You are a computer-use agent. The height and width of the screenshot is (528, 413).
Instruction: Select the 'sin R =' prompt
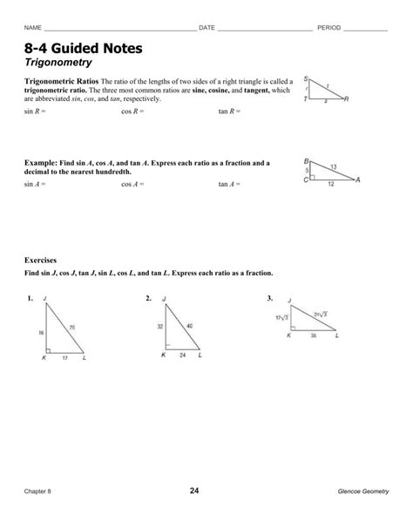click(x=36, y=112)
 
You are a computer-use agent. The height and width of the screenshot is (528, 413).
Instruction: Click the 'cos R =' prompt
click(x=132, y=112)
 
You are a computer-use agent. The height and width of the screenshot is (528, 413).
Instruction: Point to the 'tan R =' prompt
click(x=228, y=112)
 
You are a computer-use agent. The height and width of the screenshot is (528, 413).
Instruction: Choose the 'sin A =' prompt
click(x=36, y=185)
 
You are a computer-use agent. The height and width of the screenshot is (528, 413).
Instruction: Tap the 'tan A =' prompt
click(x=228, y=185)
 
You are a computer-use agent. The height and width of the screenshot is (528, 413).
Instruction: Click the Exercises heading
click(x=43, y=261)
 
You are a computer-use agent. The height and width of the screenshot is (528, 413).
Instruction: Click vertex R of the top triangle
click(x=346, y=99)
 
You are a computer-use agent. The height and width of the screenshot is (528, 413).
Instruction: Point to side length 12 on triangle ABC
click(x=330, y=184)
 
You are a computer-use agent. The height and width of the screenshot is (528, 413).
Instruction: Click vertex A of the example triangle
click(x=357, y=179)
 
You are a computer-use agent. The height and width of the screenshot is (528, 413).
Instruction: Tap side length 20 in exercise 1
click(x=72, y=327)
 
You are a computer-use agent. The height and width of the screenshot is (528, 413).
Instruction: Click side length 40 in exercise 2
click(x=190, y=326)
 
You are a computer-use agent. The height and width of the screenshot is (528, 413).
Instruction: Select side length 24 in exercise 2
click(x=181, y=355)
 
